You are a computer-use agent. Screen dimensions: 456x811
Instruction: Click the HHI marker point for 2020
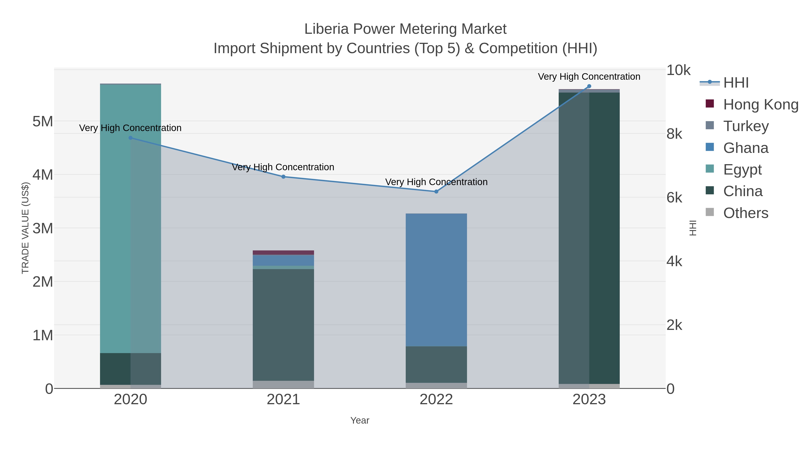pos(131,138)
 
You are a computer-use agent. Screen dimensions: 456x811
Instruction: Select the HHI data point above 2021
pos(283,177)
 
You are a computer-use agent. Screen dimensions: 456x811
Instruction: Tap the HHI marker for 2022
pos(436,192)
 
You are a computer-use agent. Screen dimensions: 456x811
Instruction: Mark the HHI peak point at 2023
pos(589,86)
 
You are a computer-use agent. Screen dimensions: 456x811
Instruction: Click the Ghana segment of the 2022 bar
pos(436,280)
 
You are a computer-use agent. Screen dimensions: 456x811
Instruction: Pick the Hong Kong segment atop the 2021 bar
pos(283,253)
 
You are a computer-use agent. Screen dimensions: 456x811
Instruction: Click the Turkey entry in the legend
pos(746,126)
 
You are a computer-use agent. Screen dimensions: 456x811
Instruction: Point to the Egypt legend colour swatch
pos(710,169)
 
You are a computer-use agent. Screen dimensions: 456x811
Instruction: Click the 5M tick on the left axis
pos(43,121)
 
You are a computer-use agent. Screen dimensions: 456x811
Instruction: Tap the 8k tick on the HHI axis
pos(674,134)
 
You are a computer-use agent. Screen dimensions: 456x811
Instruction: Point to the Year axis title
pos(360,420)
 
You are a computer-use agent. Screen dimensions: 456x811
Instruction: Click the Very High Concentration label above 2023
pos(589,77)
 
